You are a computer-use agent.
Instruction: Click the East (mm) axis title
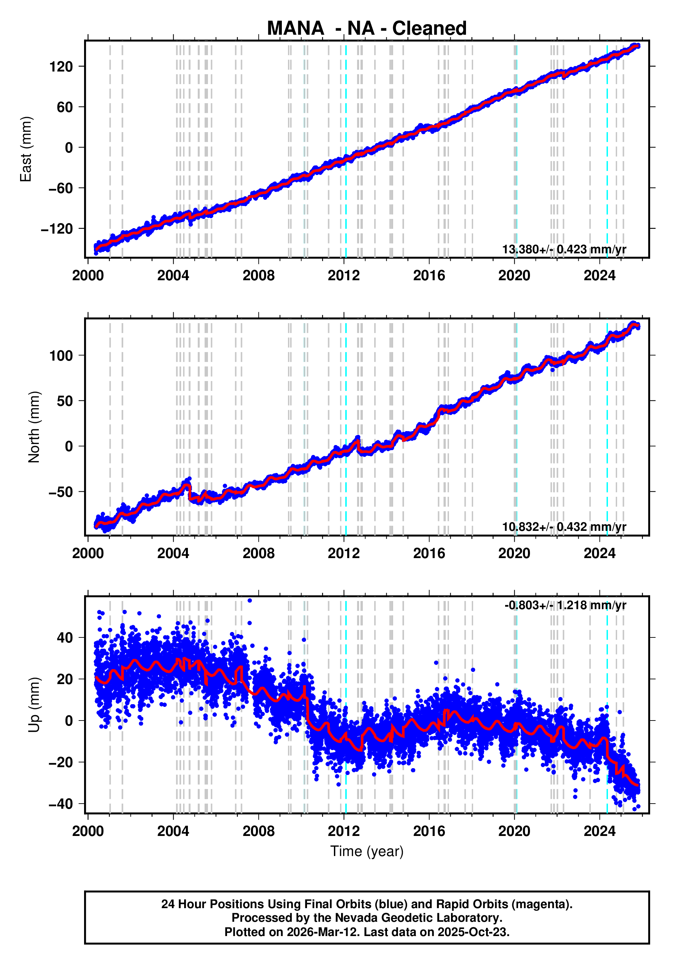point(26,149)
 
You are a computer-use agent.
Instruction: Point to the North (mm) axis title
point(34,427)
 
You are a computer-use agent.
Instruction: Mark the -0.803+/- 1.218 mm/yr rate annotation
point(565,605)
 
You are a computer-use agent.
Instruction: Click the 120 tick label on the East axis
point(61,66)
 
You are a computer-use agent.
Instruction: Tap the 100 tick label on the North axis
point(61,355)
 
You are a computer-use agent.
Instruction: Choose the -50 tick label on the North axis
point(61,492)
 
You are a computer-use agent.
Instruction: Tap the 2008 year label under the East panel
point(258,276)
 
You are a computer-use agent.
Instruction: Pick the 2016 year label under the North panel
point(429,553)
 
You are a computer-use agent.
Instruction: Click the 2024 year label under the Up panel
point(599,831)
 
